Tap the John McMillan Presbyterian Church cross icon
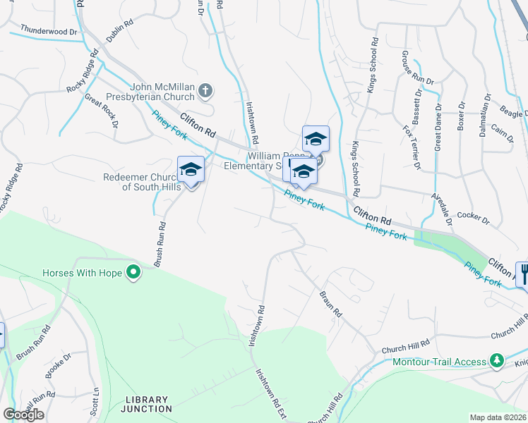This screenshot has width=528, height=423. pos(205,90)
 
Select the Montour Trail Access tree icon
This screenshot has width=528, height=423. pos(497,362)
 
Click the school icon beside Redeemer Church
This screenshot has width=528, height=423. pos(191,169)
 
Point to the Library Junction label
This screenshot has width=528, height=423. pos(146,404)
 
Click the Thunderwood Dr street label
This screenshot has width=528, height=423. pos(49,31)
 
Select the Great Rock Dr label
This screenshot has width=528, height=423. pos(100,111)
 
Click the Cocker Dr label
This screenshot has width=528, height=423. pos(473,219)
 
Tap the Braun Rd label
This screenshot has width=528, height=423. pos(330,303)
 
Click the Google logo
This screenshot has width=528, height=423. pos(23,415)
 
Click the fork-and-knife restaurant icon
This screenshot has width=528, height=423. pos(523,274)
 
